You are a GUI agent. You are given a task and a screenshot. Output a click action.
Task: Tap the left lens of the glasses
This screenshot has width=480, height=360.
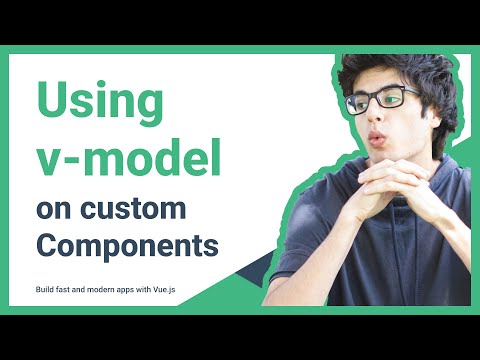[362, 103]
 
